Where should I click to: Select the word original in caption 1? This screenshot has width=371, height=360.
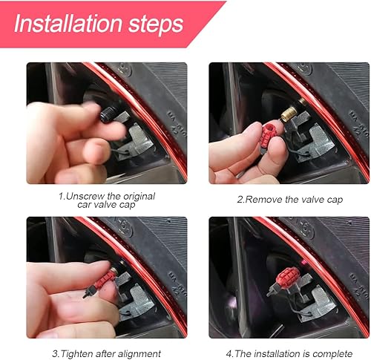pyautogui.click(x=139, y=196)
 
